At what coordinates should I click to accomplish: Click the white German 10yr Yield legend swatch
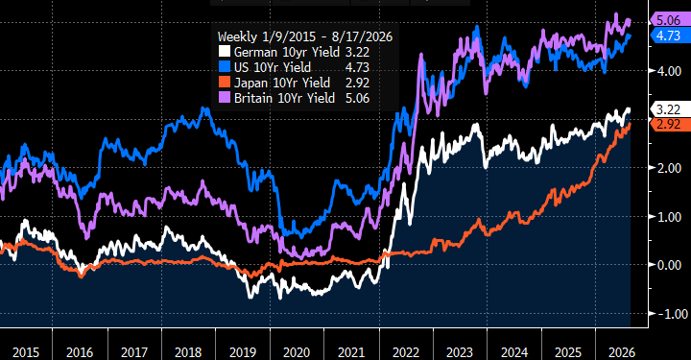[x=225, y=52]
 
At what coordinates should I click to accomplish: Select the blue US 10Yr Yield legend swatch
[x=225, y=67]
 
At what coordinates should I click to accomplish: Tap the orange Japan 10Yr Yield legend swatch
[x=225, y=83]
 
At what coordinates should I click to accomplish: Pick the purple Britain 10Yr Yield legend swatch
[x=225, y=98]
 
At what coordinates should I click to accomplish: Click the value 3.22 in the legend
[x=357, y=52]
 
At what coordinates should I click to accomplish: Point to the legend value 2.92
[x=357, y=83]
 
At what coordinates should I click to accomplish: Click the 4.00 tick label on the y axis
[x=669, y=71]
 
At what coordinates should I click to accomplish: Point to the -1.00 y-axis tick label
[x=670, y=314]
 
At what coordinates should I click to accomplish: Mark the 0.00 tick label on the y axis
[x=669, y=265]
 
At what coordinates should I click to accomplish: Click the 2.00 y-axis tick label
[x=669, y=168]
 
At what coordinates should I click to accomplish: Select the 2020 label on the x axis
[x=297, y=352]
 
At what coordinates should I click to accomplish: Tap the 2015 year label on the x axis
[x=26, y=352]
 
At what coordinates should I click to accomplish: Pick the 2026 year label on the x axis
[x=622, y=352]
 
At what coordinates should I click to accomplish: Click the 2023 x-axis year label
[x=460, y=352]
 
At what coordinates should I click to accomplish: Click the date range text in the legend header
[x=322, y=36]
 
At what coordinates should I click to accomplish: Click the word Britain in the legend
[x=253, y=98]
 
